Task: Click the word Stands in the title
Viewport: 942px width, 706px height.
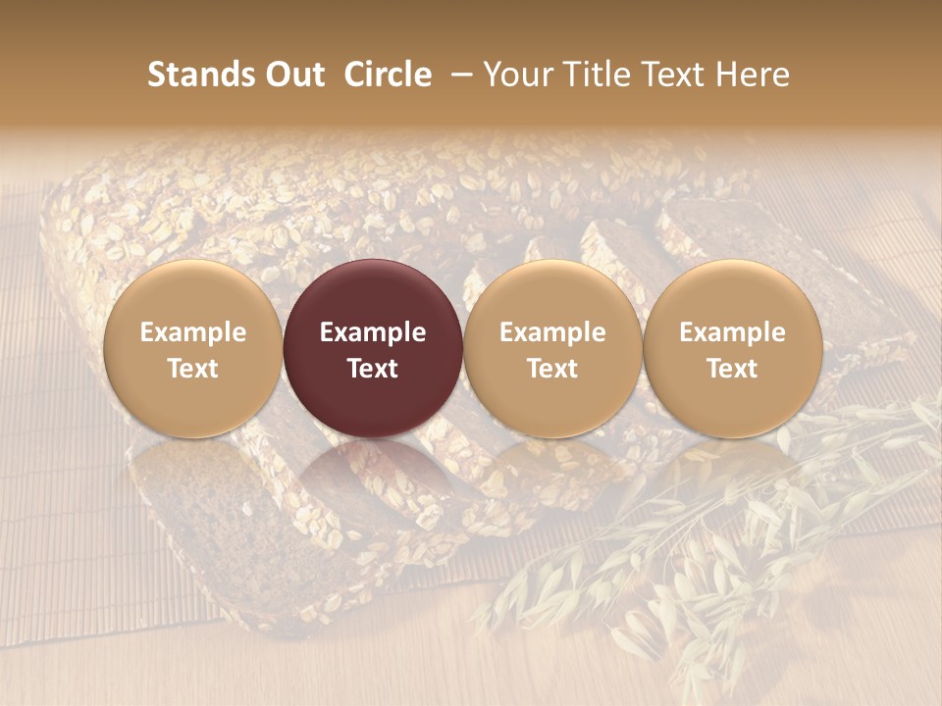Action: (x=192, y=75)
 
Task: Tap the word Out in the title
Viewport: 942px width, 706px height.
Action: (x=292, y=75)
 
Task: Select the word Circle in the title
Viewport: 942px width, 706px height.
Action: (x=388, y=75)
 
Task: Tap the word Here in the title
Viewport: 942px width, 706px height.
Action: (x=756, y=75)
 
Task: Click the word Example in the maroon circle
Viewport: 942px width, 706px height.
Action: (x=373, y=332)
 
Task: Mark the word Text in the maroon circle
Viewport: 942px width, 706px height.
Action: (x=373, y=369)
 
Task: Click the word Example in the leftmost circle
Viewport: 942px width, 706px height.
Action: (x=193, y=332)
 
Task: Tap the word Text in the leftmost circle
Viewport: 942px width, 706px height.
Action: (x=193, y=369)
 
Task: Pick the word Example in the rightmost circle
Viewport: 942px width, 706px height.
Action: (x=733, y=332)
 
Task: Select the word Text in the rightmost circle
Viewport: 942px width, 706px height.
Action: (x=733, y=369)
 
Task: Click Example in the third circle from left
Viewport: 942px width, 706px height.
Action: (x=552, y=332)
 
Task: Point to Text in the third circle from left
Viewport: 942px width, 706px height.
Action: (x=552, y=369)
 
